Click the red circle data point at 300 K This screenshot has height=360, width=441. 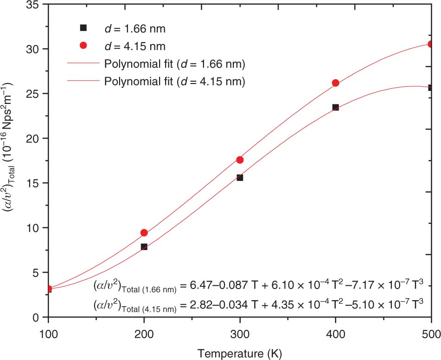(x=240, y=160)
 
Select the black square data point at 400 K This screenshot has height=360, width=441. (x=335, y=107)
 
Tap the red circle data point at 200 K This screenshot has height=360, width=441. (x=144, y=233)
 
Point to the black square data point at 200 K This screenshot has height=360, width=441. (x=144, y=247)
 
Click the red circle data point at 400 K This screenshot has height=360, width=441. (x=335, y=83)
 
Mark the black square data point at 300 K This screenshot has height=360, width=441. (x=240, y=178)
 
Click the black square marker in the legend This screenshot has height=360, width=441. (x=83, y=28)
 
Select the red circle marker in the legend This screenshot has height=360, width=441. (x=83, y=45)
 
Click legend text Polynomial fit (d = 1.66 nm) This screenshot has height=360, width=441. (x=175, y=63)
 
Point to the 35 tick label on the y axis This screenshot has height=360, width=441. (x=36, y=5)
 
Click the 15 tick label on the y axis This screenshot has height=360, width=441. (x=36, y=183)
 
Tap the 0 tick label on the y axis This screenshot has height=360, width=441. (x=40, y=317)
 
